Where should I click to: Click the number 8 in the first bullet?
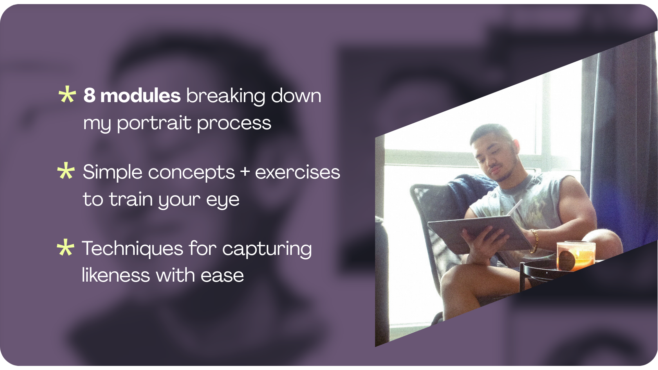(x=89, y=95)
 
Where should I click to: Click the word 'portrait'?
(x=154, y=123)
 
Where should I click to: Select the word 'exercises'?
(x=297, y=172)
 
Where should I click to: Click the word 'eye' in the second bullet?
(x=223, y=200)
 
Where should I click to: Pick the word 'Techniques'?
(x=132, y=248)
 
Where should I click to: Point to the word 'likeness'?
(x=116, y=275)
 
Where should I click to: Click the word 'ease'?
(x=222, y=276)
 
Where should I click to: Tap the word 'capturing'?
(x=267, y=249)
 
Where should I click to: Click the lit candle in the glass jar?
(x=576, y=255)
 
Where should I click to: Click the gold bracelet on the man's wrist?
(x=534, y=241)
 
